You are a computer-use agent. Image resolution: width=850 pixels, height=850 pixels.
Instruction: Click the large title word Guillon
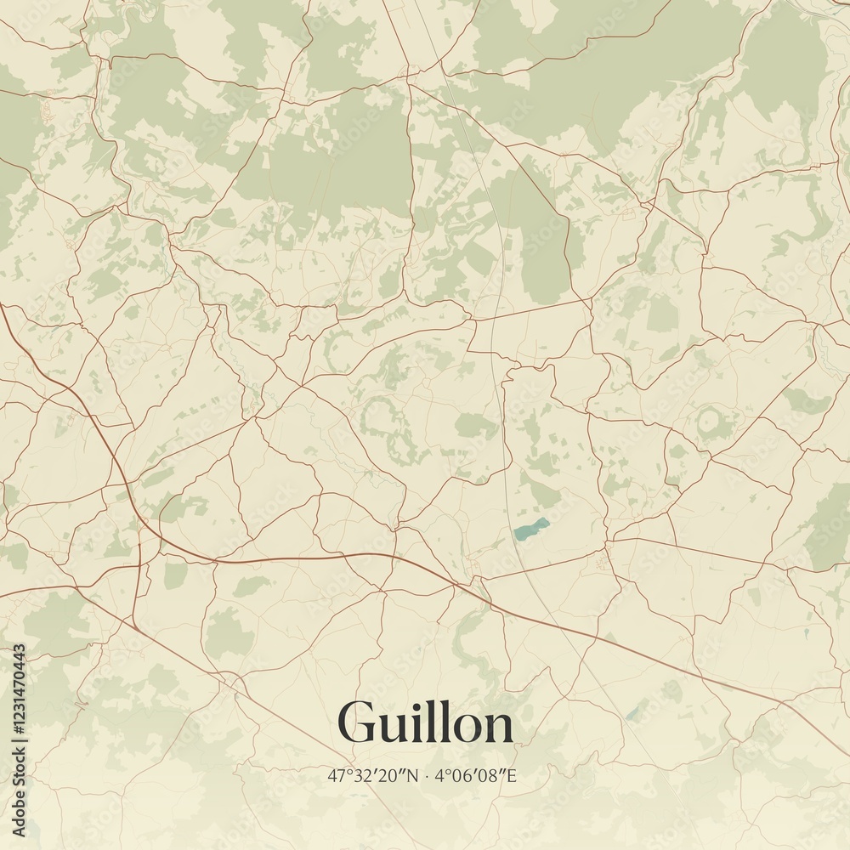pos(425,723)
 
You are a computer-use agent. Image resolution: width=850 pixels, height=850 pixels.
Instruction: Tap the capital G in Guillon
pos(358,723)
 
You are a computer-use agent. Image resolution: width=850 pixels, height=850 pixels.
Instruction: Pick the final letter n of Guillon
pos(501,729)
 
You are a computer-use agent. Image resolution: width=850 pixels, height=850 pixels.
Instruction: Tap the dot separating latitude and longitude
pos(427,776)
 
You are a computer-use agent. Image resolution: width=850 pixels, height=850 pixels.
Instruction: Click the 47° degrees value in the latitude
pos(338,775)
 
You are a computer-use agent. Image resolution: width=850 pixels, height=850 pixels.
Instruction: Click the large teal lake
pos(530,530)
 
